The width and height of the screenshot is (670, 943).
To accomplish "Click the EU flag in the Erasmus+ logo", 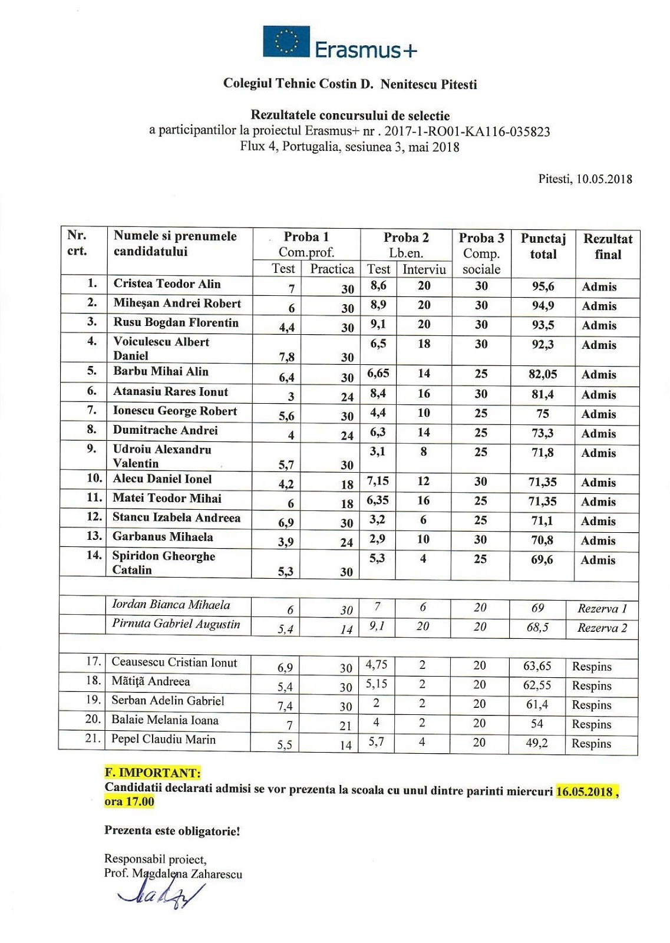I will point(286,42).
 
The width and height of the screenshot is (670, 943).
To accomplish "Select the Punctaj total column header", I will point(543,246).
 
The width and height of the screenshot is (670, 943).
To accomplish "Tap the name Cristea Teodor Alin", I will point(167,283).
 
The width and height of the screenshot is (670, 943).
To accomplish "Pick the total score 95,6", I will point(543,286).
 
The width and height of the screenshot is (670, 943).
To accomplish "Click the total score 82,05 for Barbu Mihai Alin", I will point(543,374).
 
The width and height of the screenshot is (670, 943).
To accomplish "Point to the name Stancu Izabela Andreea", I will point(176,517).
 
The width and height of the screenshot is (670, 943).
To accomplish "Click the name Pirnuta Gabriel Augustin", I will point(176,624).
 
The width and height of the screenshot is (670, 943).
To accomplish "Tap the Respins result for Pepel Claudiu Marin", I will point(592,744).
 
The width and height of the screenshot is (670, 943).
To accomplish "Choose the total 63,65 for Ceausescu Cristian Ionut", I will point(537,667).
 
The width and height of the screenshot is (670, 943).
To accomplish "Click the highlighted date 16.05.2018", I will point(585,791).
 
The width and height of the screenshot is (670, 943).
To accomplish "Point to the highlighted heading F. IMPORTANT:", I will point(153,773).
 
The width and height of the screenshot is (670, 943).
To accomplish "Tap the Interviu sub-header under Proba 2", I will point(424,269).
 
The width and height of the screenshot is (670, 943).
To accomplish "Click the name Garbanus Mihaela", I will point(163,537).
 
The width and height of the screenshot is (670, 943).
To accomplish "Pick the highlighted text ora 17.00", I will point(129,802).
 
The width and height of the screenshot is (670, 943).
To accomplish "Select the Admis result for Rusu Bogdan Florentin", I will point(599,325).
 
